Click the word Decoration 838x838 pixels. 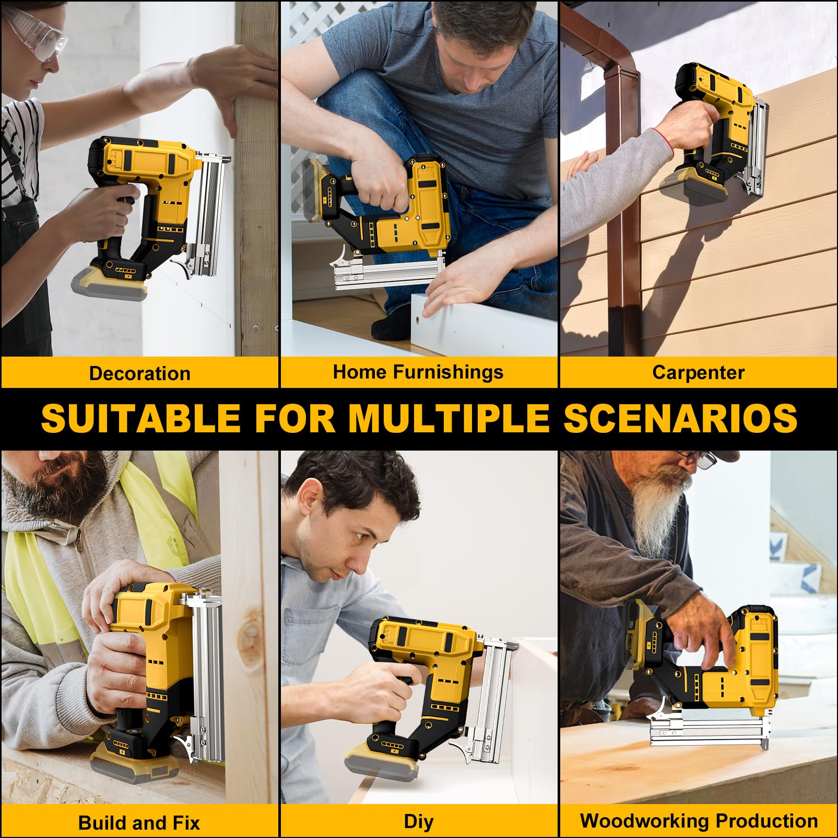[139, 373]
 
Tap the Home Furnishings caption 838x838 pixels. [418, 372]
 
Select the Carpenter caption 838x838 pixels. [698, 372]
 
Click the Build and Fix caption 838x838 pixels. [139, 823]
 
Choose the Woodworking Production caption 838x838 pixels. [699, 821]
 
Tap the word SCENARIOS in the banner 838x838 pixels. [680, 418]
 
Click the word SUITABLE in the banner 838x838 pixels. [140, 418]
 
